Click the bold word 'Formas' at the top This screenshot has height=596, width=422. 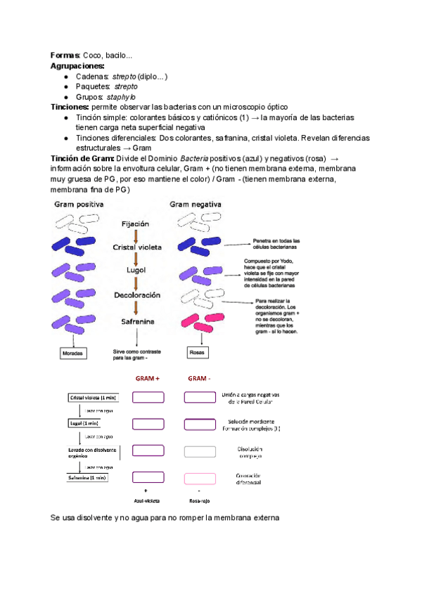(x=65, y=56)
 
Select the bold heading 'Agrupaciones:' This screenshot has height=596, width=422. (x=77, y=65)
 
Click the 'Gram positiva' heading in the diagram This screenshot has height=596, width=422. (x=79, y=204)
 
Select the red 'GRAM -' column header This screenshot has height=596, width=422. (x=199, y=378)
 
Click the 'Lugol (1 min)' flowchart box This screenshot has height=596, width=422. (x=84, y=424)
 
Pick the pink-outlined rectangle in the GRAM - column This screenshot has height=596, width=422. (x=200, y=478)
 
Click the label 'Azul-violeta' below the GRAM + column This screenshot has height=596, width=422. (x=145, y=501)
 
